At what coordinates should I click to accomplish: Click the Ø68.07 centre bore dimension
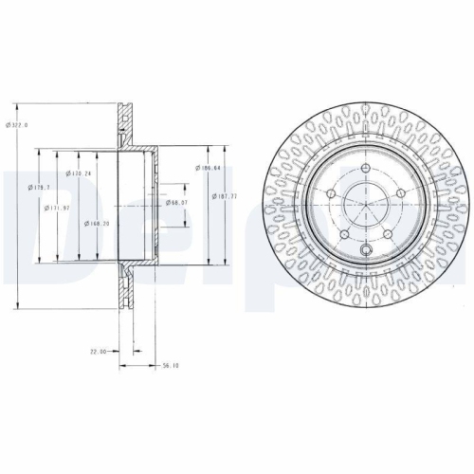[x=177, y=202]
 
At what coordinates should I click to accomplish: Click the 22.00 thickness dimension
[x=99, y=351]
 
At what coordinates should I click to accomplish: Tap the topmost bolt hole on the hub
[x=366, y=177]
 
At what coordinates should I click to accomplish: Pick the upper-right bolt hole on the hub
[x=400, y=194]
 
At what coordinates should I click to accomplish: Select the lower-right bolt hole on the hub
[x=390, y=236]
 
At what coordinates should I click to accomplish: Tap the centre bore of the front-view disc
[x=366, y=214]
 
